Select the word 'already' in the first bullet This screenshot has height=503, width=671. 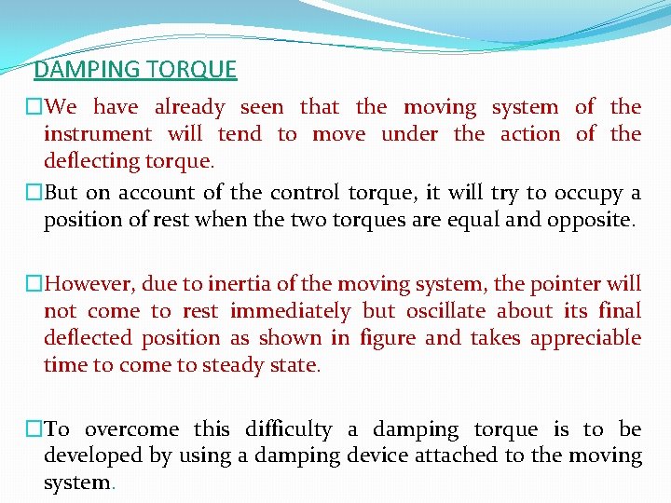[x=190, y=107]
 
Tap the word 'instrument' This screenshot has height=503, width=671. [x=98, y=134]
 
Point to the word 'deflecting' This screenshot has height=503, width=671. [x=91, y=160]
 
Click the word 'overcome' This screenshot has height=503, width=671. [x=131, y=429]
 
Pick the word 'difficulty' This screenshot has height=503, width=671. [x=289, y=429]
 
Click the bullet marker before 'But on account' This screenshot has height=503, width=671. [x=34, y=194]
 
